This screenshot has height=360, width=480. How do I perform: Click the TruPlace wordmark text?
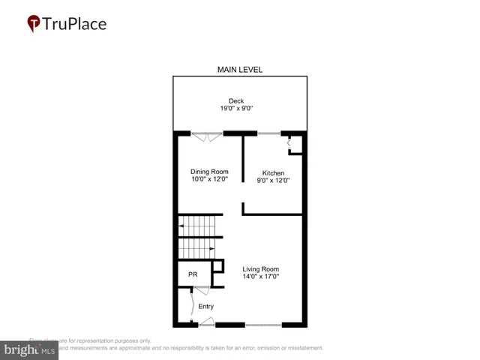tap(76, 23)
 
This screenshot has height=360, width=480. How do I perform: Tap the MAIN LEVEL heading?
tap(240, 70)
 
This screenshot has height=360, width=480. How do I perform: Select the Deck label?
tap(236, 101)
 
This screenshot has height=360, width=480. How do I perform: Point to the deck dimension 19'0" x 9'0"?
tap(236, 109)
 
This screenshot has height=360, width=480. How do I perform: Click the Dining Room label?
tap(208, 172)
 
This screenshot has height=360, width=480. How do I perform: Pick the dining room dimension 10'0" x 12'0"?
tap(208, 180)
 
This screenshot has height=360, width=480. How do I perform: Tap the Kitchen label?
tap(273, 172)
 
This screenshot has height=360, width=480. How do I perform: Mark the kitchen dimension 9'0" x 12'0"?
tap(273, 181)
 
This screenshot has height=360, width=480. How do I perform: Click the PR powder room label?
tap(192, 274)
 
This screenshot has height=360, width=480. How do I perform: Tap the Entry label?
tap(205, 306)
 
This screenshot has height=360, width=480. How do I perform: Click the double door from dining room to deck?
tap(206, 136)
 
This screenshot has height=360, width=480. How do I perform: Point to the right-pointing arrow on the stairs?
tap(212, 248)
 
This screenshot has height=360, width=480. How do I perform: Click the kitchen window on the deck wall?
tap(269, 133)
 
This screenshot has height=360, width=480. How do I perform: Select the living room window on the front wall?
tap(262, 325)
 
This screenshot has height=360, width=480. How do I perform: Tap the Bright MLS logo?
tap(30, 350)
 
